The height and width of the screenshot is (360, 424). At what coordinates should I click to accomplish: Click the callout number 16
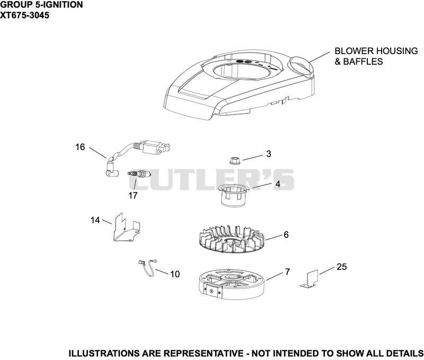80,147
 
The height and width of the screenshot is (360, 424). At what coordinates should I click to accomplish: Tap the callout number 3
269,154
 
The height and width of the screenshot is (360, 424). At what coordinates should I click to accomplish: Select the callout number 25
341,267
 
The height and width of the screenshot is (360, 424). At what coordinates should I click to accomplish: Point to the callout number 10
175,274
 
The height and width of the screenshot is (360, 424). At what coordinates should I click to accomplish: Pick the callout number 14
95,220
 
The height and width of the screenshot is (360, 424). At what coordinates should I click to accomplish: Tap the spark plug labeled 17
139,174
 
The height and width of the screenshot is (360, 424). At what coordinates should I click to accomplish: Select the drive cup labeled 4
233,195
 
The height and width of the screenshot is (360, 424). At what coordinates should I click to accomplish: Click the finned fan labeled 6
232,239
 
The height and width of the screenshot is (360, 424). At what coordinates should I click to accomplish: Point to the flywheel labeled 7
232,285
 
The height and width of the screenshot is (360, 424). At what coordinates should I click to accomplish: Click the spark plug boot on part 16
110,169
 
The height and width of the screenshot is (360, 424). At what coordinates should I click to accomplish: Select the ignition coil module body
154,149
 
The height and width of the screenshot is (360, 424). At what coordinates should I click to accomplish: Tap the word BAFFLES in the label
363,62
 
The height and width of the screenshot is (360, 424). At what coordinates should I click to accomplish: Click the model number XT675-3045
24,15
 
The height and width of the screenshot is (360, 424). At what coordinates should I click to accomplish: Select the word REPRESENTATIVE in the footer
204,353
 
